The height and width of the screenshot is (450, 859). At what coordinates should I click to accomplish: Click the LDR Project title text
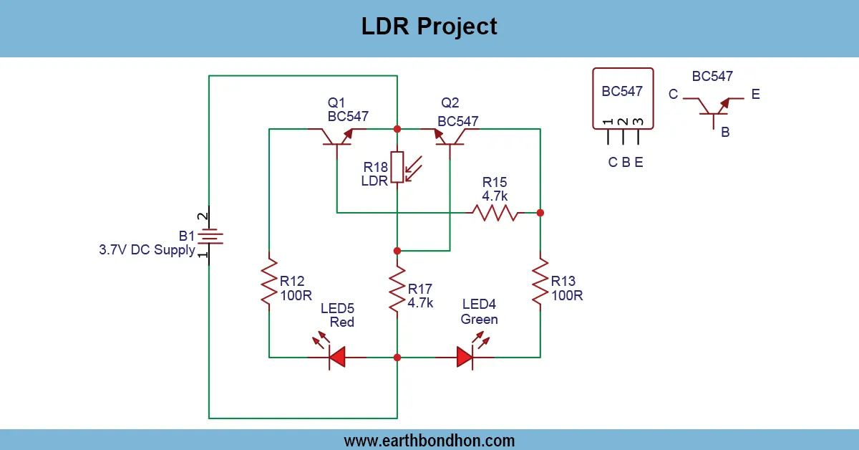pyautogui.click(x=429, y=27)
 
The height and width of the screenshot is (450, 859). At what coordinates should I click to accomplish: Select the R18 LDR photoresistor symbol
pyautogui.click(x=397, y=168)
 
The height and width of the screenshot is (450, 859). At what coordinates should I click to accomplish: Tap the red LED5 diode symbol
pyautogui.click(x=336, y=357)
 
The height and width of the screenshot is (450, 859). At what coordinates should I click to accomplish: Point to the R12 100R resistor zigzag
pyautogui.click(x=268, y=284)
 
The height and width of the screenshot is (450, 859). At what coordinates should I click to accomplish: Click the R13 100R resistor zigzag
pyautogui.click(x=540, y=284)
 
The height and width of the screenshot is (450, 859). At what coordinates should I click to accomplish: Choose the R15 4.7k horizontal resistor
pyautogui.click(x=494, y=213)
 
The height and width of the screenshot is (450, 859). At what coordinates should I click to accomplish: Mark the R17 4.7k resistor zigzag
pyautogui.click(x=397, y=289)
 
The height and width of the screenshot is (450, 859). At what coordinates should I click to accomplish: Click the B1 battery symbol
pyautogui.click(x=209, y=237)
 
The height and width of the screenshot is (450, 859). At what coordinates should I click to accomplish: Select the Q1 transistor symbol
pyautogui.click(x=336, y=136)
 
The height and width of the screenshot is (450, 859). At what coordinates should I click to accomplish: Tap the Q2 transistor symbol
pyautogui.click(x=451, y=136)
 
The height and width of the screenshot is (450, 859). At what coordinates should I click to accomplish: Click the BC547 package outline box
pyautogui.click(x=623, y=99)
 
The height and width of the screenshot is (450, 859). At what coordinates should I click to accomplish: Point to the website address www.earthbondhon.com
pyautogui.click(x=429, y=441)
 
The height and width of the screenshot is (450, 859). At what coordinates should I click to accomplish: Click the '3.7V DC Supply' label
pyautogui.click(x=147, y=250)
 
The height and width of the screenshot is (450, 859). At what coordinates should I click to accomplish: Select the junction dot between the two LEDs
pyautogui.click(x=397, y=357)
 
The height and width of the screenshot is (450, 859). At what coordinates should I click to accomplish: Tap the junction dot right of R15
pyautogui.click(x=540, y=213)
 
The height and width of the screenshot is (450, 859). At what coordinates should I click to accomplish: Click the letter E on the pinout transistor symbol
pyautogui.click(x=756, y=94)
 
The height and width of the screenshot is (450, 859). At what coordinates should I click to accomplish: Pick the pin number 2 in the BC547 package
pyautogui.click(x=623, y=123)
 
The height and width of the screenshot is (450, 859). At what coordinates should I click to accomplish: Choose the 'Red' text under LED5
pyautogui.click(x=342, y=322)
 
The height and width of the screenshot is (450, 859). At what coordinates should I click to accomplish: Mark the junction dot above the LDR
pyautogui.click(x=397, y=129)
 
